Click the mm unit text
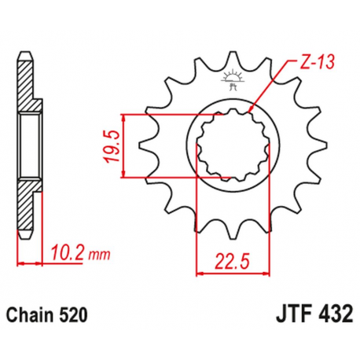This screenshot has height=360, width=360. click(97, 255)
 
